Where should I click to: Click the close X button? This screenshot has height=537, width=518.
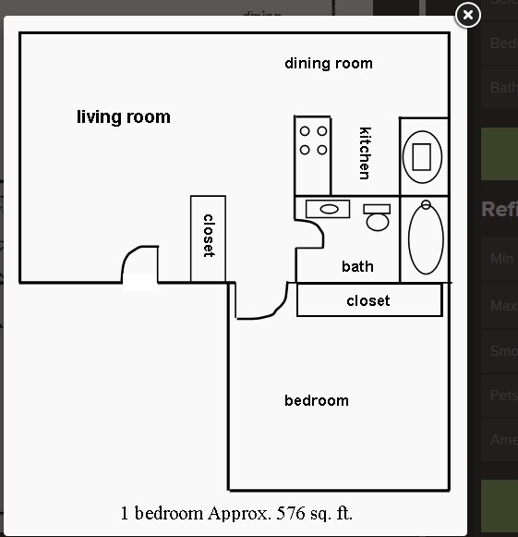(x=468, y=15)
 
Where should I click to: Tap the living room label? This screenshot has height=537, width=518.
(x=123, y=117)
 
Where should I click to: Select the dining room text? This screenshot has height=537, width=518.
(x=328, y=64)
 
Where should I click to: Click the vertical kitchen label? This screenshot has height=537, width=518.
(x=365, y=153)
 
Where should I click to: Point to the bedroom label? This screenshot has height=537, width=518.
(x=316, y=400)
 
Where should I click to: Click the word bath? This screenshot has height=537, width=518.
(x=357, y=266)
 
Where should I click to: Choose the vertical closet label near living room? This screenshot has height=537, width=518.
(x=209, y=236)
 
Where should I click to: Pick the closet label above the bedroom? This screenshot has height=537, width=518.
(x=367, y=300)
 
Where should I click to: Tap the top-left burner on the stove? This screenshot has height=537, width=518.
(x=305, y=132)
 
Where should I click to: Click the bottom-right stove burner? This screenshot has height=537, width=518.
(x=321, y=149)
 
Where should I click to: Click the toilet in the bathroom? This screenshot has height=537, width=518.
(x=377, y=218)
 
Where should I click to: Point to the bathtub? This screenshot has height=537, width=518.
(x=426, y=238)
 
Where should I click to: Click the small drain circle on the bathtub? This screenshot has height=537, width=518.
(x=426, y=204)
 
